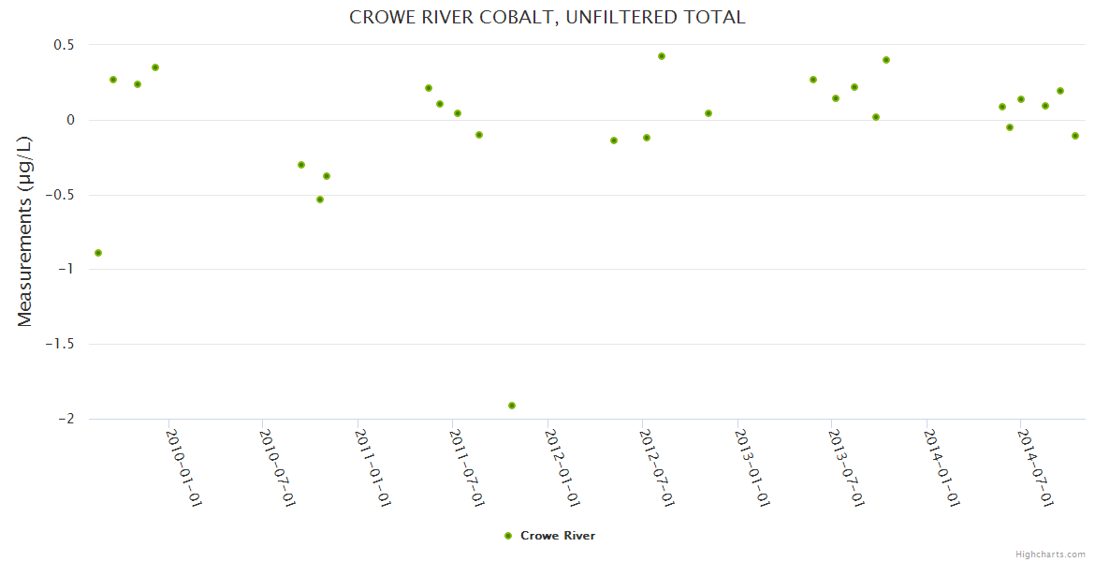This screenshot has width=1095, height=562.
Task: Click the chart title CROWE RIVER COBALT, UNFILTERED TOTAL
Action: click(x=547, y=17)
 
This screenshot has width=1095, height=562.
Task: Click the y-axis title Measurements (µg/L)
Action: click(x=25, y=230)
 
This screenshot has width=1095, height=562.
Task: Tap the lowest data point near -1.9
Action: click(x=512, y=406)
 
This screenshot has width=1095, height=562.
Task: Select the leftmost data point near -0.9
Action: click(x=98, y=253)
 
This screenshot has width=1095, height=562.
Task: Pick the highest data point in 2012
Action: click(x=662, y=56)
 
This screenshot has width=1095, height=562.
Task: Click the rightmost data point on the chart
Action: click(x=1075, y=136)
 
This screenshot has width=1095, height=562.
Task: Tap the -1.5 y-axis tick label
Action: click(x=59, y=344)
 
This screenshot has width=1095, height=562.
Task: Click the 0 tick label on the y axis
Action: click(x=69, y=120)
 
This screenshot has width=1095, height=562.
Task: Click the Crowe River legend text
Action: click(x=558, y=536)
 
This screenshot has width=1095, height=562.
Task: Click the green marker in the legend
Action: click(x=508, y=536)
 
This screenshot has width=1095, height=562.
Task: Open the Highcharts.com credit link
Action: click(x=1050, y=554)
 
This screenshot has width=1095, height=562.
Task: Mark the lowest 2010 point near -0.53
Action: click(x=320, y=200)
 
